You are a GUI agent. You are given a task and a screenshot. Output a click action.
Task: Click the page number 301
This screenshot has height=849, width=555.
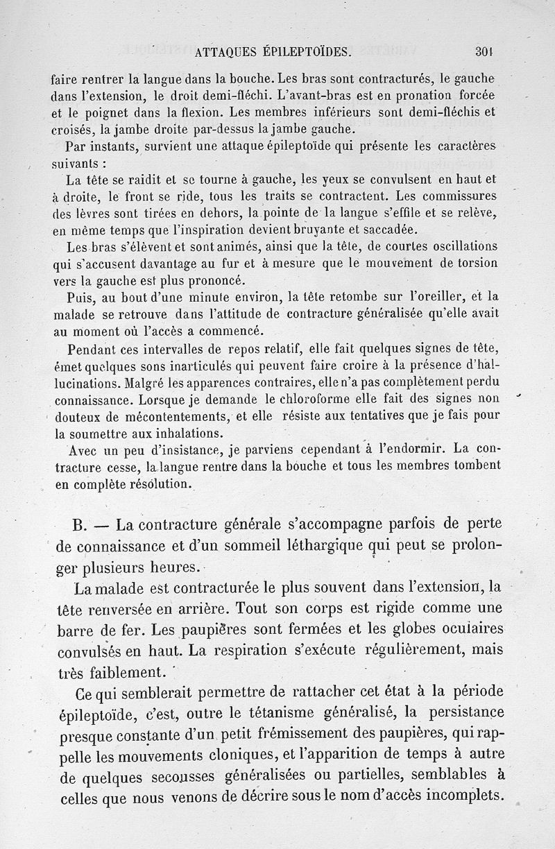[x=484, y=51]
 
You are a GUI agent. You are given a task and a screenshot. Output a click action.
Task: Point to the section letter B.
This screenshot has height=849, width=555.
[x=78, y=523]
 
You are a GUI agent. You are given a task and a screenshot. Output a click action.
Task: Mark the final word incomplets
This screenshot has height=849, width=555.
[x=456, y=795]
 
